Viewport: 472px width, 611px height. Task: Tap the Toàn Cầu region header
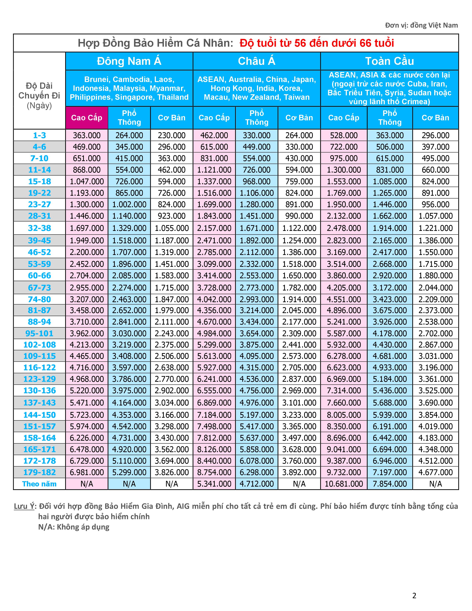pos(389,61)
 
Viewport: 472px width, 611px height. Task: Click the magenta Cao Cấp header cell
pos(87,118)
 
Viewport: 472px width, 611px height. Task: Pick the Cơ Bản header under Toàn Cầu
pos(435,118)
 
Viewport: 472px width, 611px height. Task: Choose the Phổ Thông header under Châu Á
pos(257,118)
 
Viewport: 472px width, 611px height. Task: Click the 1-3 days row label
pos(39,135)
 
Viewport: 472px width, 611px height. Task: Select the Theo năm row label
pos(39,484)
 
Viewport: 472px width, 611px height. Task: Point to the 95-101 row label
pos(39,333)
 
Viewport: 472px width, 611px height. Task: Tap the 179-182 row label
pos(39,472)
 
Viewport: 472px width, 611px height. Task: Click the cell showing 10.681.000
pos(344,484)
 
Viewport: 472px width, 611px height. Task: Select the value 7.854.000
pos(390,484)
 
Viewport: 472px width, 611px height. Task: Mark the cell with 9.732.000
pos(344,472)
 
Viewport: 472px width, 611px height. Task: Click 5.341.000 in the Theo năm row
pos(214,484)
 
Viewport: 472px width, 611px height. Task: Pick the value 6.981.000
pos(87,472)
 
